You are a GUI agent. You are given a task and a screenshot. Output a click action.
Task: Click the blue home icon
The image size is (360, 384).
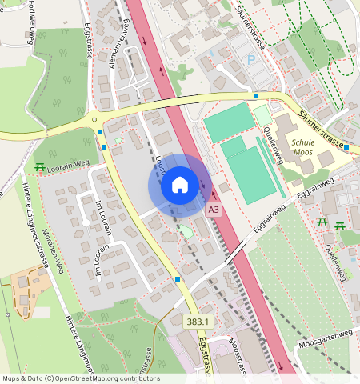[x=180, y=186]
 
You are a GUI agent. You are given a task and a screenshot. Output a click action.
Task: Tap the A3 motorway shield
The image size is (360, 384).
[x=213, y=210]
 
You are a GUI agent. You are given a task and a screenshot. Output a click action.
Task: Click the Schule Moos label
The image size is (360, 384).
[x=303, y=145]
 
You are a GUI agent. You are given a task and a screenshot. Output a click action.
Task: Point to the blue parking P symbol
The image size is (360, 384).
[x=251, y=60]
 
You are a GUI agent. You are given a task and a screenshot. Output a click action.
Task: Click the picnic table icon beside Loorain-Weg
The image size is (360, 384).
[x=40, y=166]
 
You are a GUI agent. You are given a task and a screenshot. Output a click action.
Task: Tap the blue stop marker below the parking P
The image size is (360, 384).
[x=256, y=96]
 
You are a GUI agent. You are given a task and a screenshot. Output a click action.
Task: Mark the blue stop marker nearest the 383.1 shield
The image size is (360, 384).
[x=177, y=278]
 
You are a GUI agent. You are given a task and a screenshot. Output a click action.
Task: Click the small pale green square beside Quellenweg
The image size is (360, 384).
[x=262, y=114]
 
